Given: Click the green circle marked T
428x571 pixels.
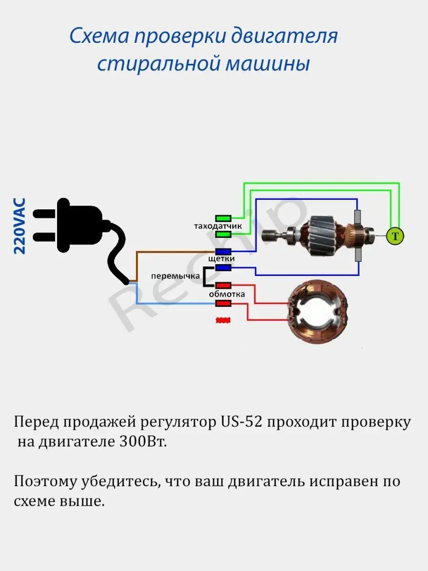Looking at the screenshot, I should [394, 236].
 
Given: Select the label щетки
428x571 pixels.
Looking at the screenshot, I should [222, 259].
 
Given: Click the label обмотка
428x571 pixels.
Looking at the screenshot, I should [227, 294].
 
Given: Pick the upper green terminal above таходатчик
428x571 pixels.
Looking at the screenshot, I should [224, 218].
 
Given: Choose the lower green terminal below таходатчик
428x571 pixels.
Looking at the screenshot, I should [224, 234].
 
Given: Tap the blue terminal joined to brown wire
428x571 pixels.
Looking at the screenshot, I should [224, 251].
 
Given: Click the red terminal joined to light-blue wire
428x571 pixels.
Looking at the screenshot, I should [224, 303].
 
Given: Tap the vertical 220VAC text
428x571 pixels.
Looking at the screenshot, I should [20, 226].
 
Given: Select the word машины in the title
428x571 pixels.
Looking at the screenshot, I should [267, 64].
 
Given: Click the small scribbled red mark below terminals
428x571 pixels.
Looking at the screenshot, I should [223, 321].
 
